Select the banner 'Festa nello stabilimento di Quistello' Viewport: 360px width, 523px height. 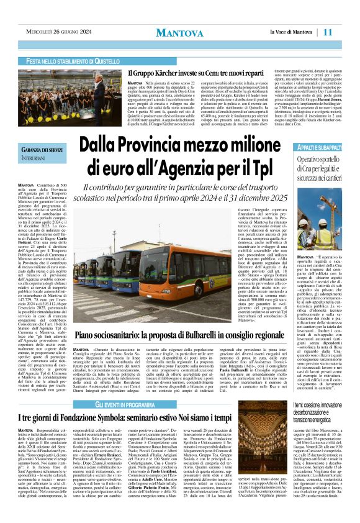(x=73, y=61)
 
